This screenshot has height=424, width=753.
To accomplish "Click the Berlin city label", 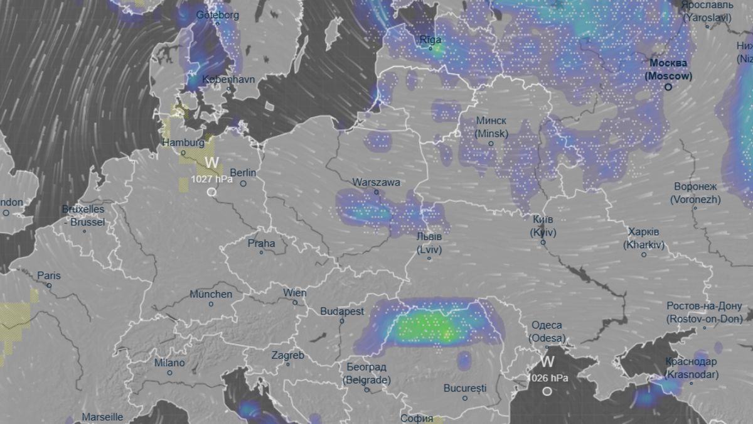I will pos(242,173).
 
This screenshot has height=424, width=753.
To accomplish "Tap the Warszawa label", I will pos(376,182).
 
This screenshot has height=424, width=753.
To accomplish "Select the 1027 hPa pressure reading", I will pos(212,180).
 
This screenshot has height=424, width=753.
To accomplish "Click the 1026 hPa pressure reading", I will pos(547,378).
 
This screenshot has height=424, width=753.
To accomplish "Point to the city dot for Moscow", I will pos(668,87).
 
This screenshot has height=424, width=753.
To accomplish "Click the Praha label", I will pos(261,243).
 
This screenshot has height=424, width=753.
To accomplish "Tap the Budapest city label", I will pos(342,311).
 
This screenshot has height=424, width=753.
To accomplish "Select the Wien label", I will pos(295,293).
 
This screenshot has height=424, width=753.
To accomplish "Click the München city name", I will pos(211,294).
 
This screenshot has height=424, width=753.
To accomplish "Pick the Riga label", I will pos(430,40).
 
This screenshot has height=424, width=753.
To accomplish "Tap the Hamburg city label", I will pos(183,143).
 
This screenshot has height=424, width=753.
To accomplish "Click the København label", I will pos(228,80).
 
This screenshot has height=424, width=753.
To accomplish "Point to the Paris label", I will pos(49,275).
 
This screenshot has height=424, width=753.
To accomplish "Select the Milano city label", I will pos(169,363).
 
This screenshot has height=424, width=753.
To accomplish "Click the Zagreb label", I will pos(287,356).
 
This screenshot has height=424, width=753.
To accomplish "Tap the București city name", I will pos(465,388).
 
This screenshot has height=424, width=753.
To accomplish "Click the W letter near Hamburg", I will pos(212,163).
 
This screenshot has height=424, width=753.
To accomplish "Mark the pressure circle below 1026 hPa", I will pos(547,391).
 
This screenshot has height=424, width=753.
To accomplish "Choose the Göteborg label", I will pos(218,15).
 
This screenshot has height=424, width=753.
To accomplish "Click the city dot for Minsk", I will pos(491,144).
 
